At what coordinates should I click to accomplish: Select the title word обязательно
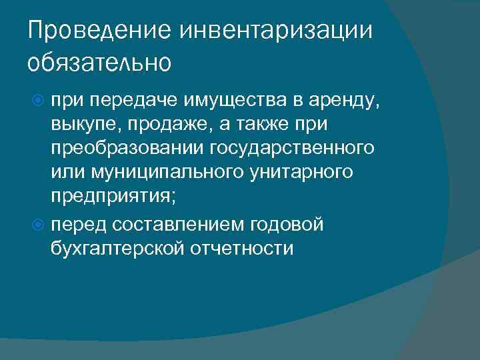click(x=100, y=63)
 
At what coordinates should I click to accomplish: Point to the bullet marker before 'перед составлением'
click(x=39, y=225)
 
